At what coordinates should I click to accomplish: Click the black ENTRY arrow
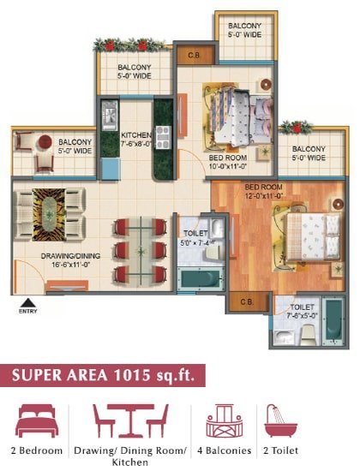click(28, 302)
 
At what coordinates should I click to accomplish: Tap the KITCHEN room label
click(136, 135)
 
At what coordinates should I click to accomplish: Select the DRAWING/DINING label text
click(70, 256)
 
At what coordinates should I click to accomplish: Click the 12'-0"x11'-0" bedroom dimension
click(263, 196)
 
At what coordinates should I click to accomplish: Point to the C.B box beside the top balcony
click(194, 56)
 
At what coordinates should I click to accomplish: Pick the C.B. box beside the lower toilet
click(247, 302)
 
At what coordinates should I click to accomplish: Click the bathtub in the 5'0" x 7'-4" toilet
click(201, 280)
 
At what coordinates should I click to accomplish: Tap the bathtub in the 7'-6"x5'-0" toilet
click(333, 321)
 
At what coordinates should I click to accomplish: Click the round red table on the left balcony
click(45, 142)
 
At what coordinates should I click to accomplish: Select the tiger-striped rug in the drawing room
click(49, 214)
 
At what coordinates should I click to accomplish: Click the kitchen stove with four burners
click(163, 137)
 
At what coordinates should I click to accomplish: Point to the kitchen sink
click(110, 116)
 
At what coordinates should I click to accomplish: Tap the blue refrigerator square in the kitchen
click(111, 169)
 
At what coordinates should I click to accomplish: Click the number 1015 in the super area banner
click(131, 375)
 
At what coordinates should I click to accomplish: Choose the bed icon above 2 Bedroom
click(37, 420)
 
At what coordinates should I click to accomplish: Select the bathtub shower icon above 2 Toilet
click(279, 420)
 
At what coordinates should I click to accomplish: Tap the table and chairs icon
click(130, 420)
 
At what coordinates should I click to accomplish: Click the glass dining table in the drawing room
click(141, 251)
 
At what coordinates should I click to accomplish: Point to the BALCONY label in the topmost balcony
click(245, 26)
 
